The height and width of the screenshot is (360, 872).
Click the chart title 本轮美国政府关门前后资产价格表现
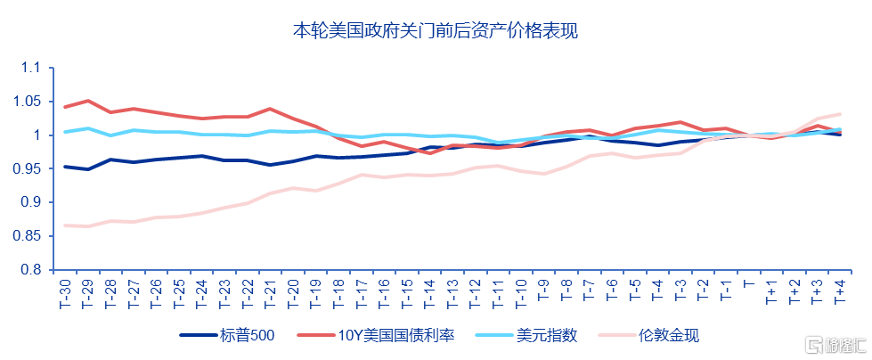(x=436, y=31)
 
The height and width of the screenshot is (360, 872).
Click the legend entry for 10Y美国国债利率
(x=393, y=336)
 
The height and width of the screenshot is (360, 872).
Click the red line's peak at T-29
(x=87, y=101)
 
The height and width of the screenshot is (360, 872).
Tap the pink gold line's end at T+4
(x=839, y=114)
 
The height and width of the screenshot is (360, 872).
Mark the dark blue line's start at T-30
(x=64, y=167)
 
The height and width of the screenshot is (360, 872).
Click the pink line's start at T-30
(x=64, y=225)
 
